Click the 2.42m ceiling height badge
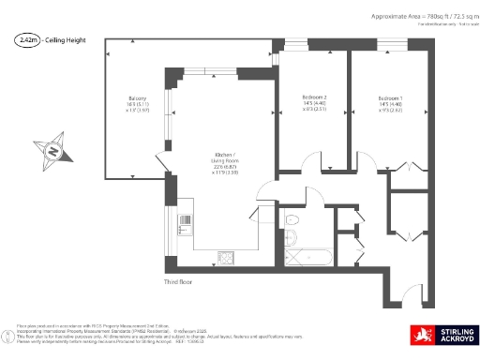(28, 40)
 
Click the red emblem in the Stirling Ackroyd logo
(418, 335)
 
